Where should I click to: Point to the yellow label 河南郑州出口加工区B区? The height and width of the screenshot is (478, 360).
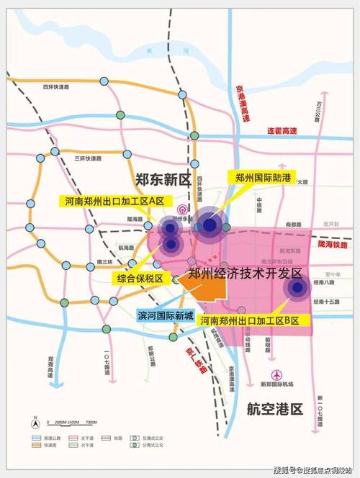(x=254, y=320)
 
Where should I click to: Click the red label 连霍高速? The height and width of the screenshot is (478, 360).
(x=283, y=130)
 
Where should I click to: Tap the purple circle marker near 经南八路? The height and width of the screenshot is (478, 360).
(x=296, y=288)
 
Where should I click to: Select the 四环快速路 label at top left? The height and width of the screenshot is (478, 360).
(x=57, y=87)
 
